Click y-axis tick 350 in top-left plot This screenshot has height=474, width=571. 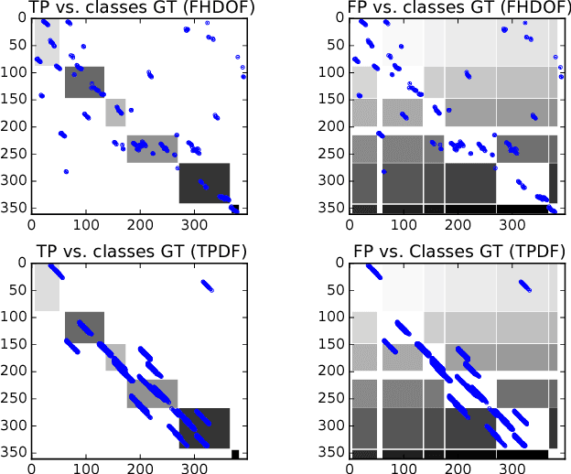click(14, 209)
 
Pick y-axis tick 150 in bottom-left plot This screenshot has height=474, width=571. click(14, 344)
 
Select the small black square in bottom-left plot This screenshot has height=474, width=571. click(235, 454)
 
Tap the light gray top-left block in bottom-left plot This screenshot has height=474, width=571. click(47, 287)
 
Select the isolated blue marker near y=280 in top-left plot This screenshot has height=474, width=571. click(66, 171)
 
